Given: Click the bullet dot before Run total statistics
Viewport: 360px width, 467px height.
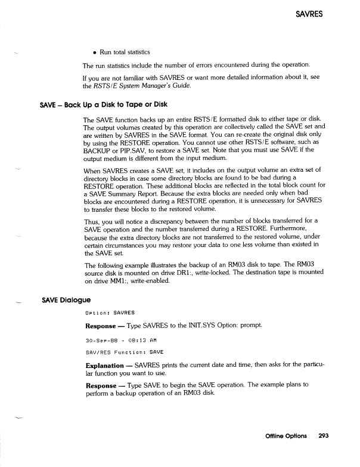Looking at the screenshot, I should [94, 52].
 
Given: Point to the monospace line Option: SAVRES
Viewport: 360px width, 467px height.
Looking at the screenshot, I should [110, 313].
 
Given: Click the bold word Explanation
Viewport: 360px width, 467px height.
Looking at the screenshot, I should [108, 364].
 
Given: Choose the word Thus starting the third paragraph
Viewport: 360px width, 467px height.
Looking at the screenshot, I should [91, 224].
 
